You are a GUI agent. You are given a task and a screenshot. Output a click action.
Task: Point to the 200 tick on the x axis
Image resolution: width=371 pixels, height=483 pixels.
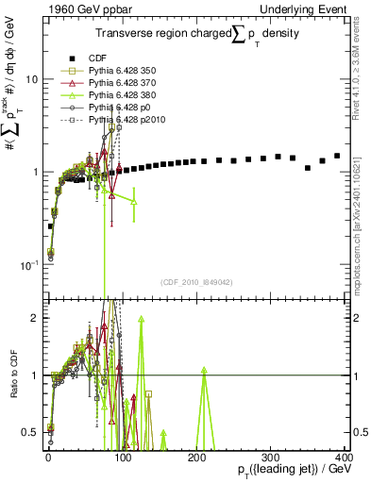196,456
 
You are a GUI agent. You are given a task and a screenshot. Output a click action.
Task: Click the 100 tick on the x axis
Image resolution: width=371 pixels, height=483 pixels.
122,456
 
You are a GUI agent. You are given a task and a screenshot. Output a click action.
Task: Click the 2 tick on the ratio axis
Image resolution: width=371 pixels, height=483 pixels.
35,318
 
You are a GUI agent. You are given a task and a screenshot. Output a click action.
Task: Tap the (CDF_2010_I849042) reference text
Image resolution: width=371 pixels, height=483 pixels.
196,282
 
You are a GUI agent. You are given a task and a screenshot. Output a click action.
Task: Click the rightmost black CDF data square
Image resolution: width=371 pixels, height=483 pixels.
337,156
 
